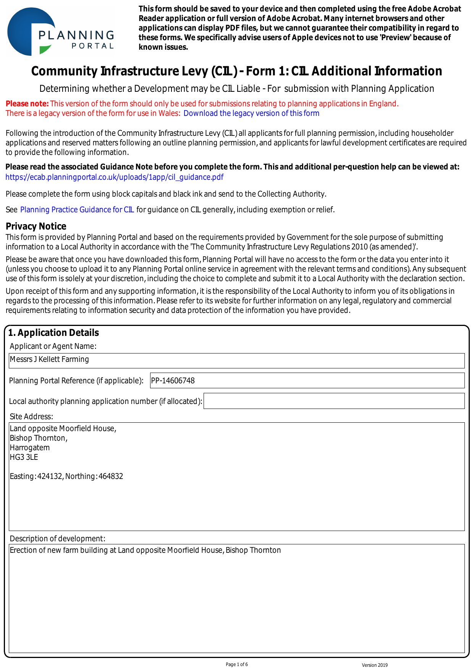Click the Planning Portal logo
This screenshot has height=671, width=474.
[60, 32]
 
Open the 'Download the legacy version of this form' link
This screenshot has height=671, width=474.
[251, 113]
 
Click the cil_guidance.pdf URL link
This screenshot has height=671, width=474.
[114, 177]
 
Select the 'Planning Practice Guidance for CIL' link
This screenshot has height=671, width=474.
[77, 210]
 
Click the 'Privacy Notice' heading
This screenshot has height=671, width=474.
[36, 226]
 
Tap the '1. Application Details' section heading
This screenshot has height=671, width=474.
[53, 333]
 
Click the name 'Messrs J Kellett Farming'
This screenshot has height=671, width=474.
[49, 359]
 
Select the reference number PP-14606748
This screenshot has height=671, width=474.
[173, 381]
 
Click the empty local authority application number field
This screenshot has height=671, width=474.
[334, 401]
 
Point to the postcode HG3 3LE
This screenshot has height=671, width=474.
[24, 457]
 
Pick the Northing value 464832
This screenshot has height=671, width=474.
[110, 476]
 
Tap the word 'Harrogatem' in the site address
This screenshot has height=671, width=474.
[30, 448]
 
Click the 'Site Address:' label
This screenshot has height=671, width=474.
[31, 417]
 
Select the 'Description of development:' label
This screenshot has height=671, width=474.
[57, 539]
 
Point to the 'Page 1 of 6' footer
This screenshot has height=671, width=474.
[237, 664]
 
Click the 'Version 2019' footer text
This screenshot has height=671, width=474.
[374, 665]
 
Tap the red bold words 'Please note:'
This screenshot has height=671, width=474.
[27, 104]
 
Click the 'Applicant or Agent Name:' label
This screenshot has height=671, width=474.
[53, 346]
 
